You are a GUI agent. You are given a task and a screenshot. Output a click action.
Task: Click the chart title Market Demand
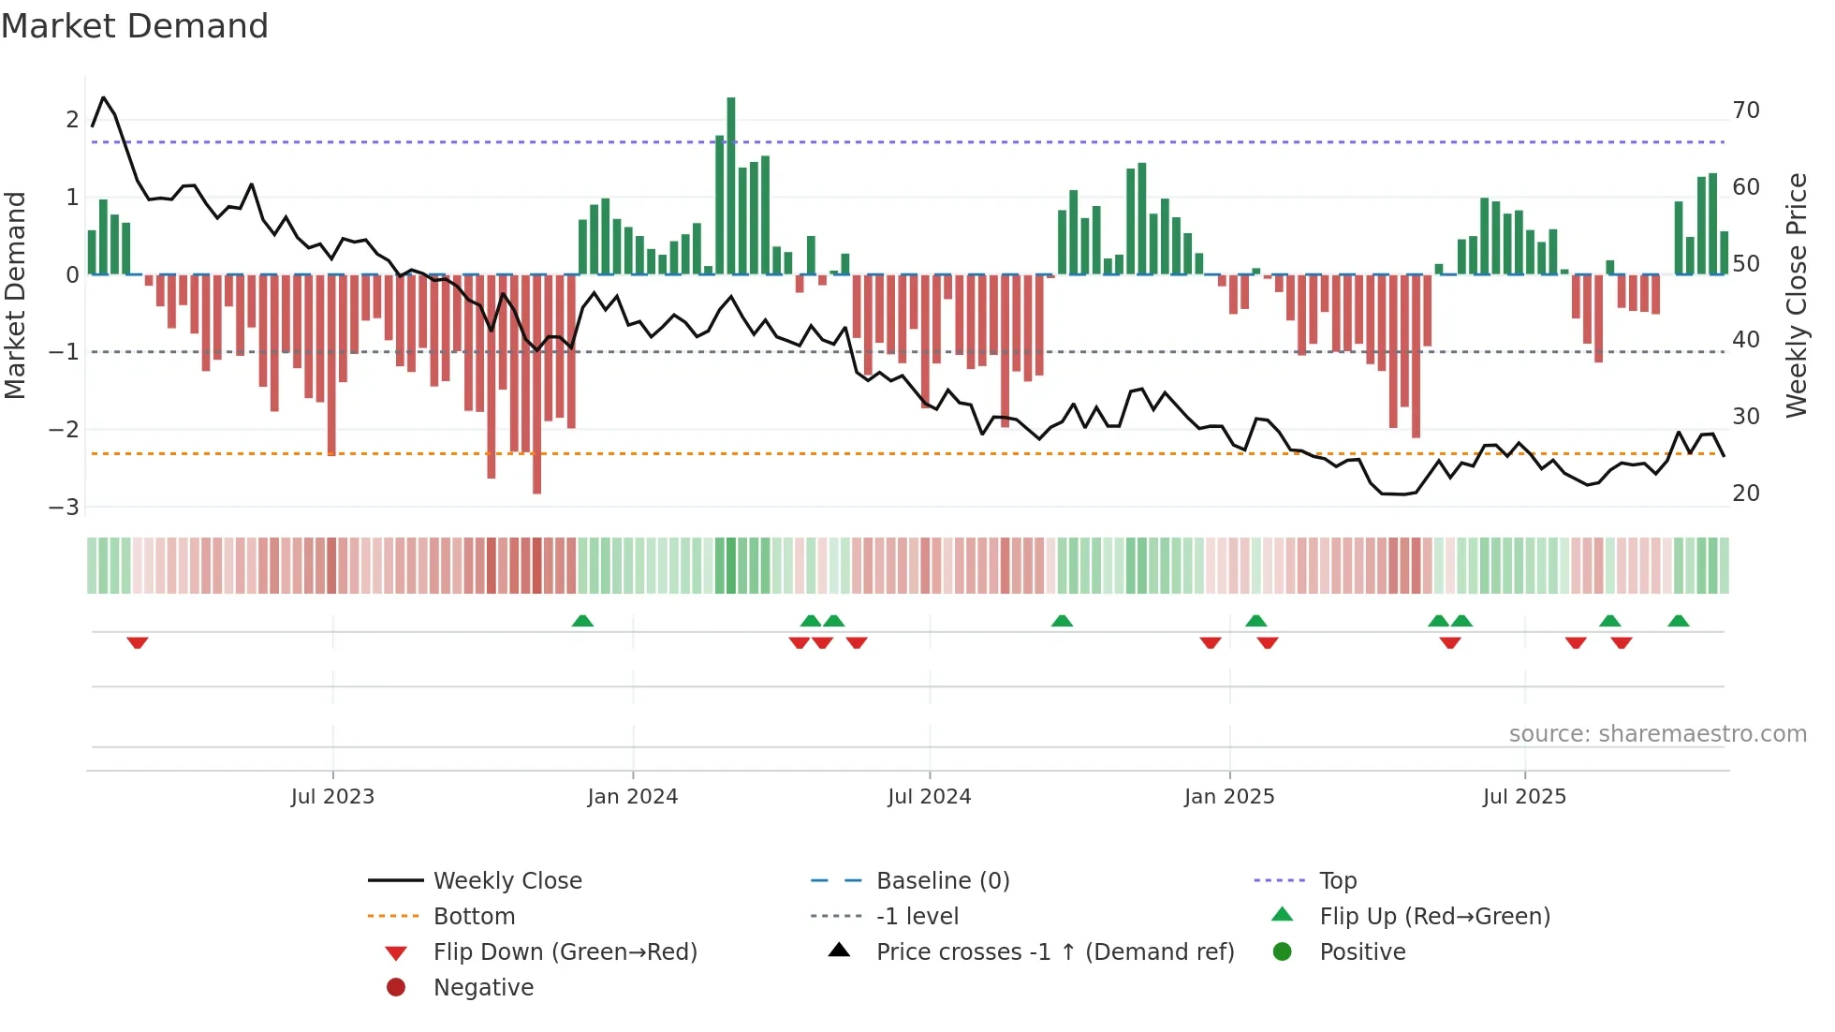pyautogui.click(x=135, y=26)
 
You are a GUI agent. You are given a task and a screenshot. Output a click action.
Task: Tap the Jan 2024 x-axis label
pyautogui.click(x=632, y=797)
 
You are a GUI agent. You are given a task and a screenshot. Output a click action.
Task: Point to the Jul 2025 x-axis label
pyautogui.click(x=1524, y=797)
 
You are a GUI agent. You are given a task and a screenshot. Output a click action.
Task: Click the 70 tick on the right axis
pyautogui.click(x=1746, y=111)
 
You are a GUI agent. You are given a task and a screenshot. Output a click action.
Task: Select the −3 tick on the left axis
pyautogui.click(x=65, y=508)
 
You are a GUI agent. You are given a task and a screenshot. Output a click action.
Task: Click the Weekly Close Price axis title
pyautogui.click(x=1797, y=295)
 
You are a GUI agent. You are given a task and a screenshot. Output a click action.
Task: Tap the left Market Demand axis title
pyautogui.click(x=15, y=295)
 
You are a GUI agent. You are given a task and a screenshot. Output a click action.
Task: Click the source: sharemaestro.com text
pyautogui.click(x=1657, y=734)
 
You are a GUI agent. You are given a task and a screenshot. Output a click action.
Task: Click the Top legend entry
pyautogui.click(x=1337, y=881)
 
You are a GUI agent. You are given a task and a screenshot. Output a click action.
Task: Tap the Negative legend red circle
pyautogui.click(x=396, y=988)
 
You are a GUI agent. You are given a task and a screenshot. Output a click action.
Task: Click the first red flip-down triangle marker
pyautogui.click(x=138, y=642)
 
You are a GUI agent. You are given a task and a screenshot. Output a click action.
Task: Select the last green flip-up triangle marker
pyautogui.click(x=1679, y=621)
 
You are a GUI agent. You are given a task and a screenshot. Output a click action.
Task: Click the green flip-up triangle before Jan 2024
pyautogui.click(x=582, y=621)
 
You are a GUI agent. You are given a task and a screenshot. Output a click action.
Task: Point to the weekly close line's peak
pyautogui.click(x=103, y=97)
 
